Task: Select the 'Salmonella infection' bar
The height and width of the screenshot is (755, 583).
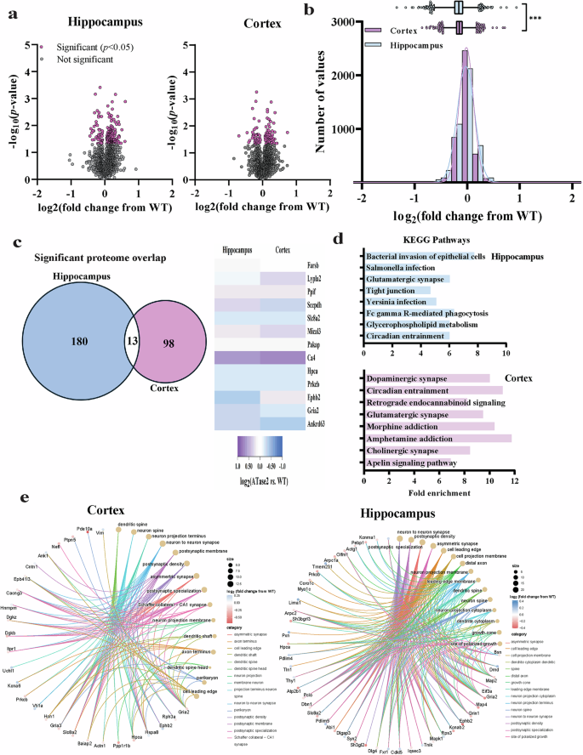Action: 400,267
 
